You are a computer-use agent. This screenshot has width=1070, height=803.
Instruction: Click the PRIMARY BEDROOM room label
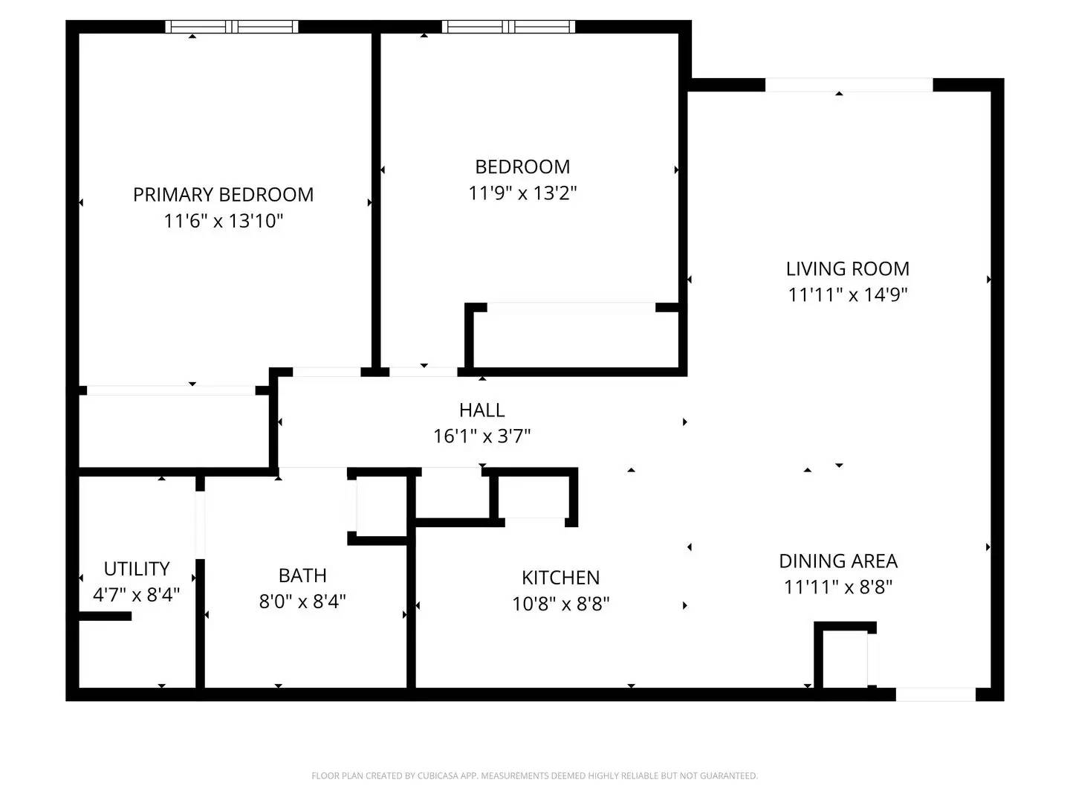click(x=223, y=195)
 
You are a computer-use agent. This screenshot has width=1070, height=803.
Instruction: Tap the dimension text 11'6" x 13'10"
click(x=224, y=221)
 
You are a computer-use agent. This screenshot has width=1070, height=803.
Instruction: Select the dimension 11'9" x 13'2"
click(x=522, y=193)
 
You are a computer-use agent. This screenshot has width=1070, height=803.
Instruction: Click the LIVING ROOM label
click(x=847, y=268)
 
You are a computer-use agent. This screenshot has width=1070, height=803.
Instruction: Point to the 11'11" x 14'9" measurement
click(x=847, y=294)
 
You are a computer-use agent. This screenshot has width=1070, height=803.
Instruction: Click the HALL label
click(x=481, y=410)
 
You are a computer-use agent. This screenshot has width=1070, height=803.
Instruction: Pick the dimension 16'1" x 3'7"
click(x=481, y=436)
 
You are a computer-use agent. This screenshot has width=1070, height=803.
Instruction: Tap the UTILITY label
click(x=137, y=569)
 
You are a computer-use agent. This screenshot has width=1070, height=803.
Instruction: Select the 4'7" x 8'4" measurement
click(x=137, y=595)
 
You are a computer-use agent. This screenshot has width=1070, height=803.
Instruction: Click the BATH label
click(x=302, y=575)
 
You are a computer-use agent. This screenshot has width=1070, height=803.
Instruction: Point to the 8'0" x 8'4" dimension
click(x=302, y=601)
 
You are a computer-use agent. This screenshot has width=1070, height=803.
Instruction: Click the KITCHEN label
click(x=560, y=578)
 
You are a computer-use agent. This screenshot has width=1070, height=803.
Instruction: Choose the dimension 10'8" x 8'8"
click(x=560, y=604)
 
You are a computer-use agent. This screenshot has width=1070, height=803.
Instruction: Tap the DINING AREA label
click(x=837, y=561)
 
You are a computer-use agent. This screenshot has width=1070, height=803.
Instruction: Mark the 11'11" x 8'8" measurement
click(x=837, y=587)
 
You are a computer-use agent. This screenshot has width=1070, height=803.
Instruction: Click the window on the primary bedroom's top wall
click(x=231, y=27)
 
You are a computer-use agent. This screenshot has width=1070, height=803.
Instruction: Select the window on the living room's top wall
click(x=849, y=85)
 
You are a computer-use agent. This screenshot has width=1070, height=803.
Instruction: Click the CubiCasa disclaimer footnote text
click(x=534, y=775)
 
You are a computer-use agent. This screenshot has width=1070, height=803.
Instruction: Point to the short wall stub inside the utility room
click(x=105, y=616)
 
